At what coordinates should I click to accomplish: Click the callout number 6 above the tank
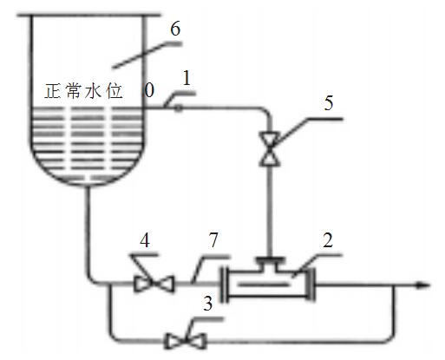pos(175,29)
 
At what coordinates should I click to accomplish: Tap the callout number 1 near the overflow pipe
pos(187,78)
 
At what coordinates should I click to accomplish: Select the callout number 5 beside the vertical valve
pos(329,102)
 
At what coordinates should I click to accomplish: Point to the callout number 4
pos(145,240)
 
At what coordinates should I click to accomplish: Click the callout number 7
pos(213,239)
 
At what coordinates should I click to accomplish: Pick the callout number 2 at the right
pos(328,239)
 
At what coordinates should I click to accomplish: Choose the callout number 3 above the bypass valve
pos(208,304)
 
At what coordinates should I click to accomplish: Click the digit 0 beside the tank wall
pos(149,90)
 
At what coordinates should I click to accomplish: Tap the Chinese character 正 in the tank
pos(53,91)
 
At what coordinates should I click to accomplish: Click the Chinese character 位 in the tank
pos(115,91)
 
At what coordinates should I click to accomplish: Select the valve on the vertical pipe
pos(270,148)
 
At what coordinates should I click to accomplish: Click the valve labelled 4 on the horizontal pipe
pos(154,284)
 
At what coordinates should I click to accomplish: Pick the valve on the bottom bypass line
pos(185,341)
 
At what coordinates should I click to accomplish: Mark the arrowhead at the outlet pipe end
pos(423,285)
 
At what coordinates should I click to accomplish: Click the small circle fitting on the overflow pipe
pos(179,108)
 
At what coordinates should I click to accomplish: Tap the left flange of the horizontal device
pos(225,285)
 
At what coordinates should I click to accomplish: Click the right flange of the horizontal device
pos(311,285)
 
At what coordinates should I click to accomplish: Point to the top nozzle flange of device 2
pos(270,259)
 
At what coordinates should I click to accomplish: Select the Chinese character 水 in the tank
pos(94,91)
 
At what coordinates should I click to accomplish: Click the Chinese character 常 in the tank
pos(73,91)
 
